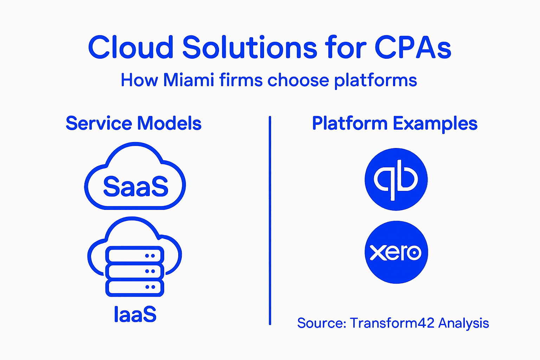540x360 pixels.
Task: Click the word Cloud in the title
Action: coord(130,47)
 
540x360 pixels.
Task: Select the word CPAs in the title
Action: coord(413,47)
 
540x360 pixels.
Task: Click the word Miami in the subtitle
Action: coord(188,80)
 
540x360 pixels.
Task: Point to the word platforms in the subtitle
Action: coord(375,81)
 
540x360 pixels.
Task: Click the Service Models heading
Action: coord(134,123)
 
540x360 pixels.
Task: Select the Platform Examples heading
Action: coord(394,123)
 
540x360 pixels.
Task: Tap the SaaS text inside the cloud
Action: coord(136,186)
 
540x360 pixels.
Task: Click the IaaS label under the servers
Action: coord(135,314)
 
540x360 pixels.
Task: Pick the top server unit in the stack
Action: coord(135,255)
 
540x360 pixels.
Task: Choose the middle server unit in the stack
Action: coord(135,271)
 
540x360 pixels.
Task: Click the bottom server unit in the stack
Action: coord(135,287)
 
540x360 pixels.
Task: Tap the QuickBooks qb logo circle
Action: coord(396,179)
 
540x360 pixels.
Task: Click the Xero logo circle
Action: coord(396,252)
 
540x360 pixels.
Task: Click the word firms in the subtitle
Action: coord(241,80)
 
